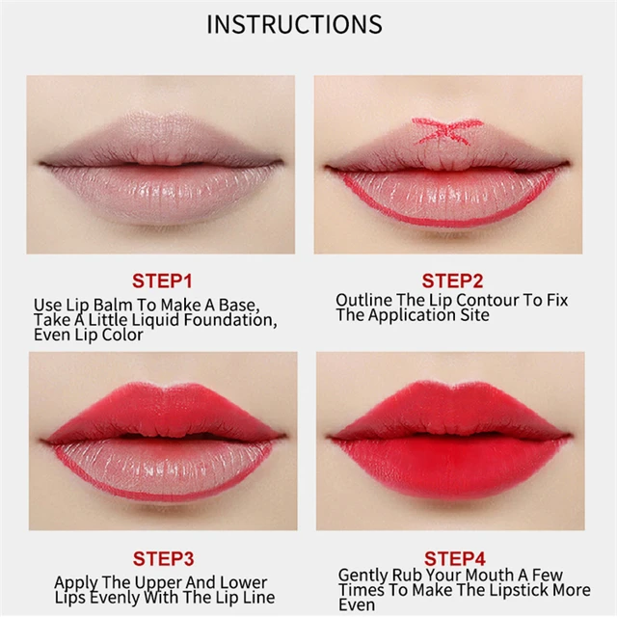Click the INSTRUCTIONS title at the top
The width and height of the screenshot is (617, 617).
click(x=294, y=24)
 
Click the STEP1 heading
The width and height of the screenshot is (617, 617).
click(x=162, y=281)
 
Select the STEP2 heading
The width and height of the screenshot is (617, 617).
click(x=452, y=281)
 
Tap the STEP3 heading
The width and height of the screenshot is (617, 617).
click(x=162, y=558)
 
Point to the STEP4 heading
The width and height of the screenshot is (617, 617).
click(x=452, y=558)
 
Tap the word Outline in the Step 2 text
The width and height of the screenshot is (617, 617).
click(x=364, y=300)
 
